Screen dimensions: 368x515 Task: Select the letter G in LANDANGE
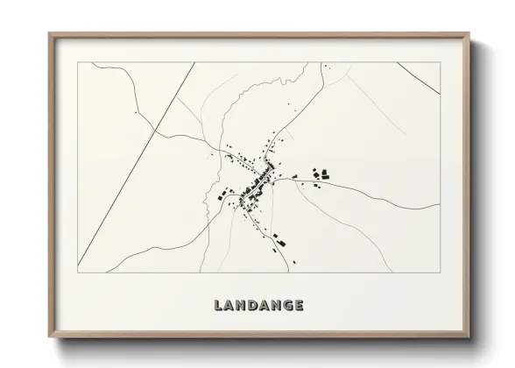pos(287,306)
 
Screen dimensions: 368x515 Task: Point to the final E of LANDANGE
pos(300,306)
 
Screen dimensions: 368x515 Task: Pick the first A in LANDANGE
pos(229,306)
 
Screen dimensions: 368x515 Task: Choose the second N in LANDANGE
pos(275,306)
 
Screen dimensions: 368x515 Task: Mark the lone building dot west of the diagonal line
pos(136,113)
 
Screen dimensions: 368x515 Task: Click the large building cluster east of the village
pos(320,174)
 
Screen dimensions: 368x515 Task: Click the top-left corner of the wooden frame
pos(50,35)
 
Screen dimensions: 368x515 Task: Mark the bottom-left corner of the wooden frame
pos(50,338)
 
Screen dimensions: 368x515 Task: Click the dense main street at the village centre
pos(259,183)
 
